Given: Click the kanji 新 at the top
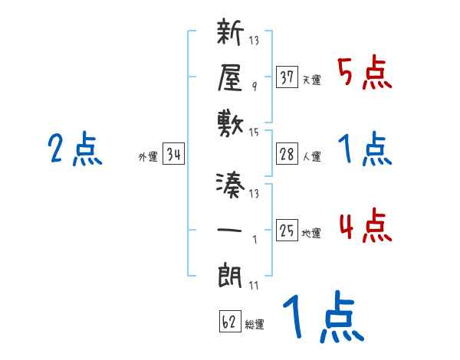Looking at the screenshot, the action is tap(231, 34).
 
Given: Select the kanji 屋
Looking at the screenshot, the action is tap(231, 77).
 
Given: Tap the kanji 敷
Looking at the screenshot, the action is tap(231, 121).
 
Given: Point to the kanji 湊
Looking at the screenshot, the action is tap(231, 185).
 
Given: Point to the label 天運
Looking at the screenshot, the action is tap(311, 79).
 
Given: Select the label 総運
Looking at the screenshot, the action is tap(255, 325).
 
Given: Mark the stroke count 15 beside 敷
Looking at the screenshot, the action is tap(254, 133).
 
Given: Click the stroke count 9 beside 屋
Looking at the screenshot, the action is tap(254, 87).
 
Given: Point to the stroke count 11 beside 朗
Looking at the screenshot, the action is tap(254, 285).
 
